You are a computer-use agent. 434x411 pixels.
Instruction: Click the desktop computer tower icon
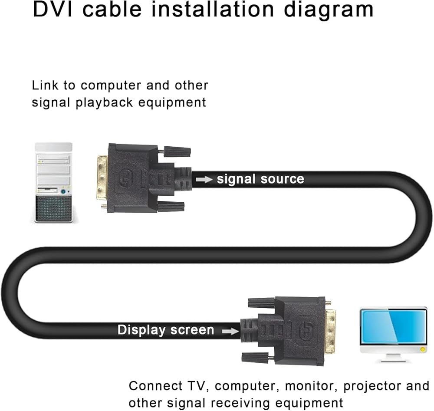click(53, 182)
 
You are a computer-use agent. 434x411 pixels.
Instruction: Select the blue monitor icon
click(393, 329)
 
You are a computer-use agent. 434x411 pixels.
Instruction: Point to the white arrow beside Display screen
click(230, 331)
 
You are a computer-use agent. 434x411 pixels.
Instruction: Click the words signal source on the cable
click(260, 179)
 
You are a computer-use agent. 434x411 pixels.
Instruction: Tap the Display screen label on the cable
click(166, 330)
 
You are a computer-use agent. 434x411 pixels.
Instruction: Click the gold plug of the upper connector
click(102, 178)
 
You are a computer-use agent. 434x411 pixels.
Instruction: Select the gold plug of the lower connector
click(331, 331)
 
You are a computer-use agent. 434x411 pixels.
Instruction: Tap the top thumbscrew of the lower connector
click(261, 302)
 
